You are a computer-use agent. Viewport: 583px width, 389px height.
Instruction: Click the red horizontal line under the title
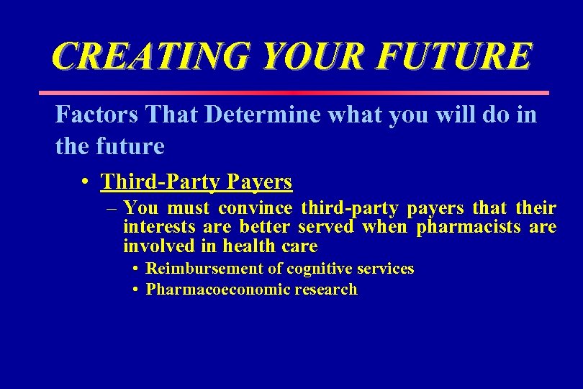pyautogui.click(x=293, y=93)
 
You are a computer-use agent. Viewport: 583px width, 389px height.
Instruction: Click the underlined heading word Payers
pyautogui.click(x=259, y=182)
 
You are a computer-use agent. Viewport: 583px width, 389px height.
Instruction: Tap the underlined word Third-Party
pyautogui.click(x=160, y=182)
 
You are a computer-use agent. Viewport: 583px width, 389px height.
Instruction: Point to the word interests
pyautogui.click(x=158, y=228)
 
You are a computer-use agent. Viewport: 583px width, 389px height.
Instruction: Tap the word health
pyautogui.click(x=250, y=246)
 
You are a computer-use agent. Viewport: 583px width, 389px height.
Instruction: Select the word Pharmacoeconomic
pyautogui.click(x=217, y=290)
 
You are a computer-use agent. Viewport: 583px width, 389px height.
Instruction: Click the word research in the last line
pyautogui.click(x=325, y=290)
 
